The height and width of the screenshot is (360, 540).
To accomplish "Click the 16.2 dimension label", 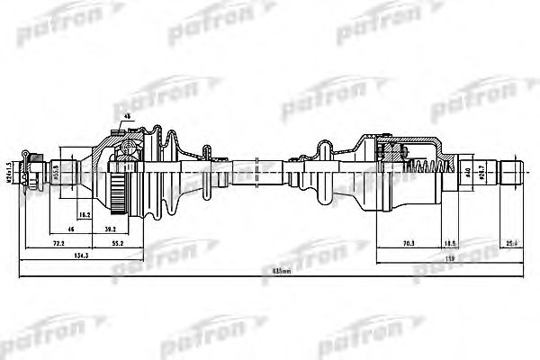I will (x=84, y=216).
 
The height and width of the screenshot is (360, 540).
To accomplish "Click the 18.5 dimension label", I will (x=450, y=243).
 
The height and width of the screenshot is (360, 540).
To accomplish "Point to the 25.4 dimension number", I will (x=511, y=243).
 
